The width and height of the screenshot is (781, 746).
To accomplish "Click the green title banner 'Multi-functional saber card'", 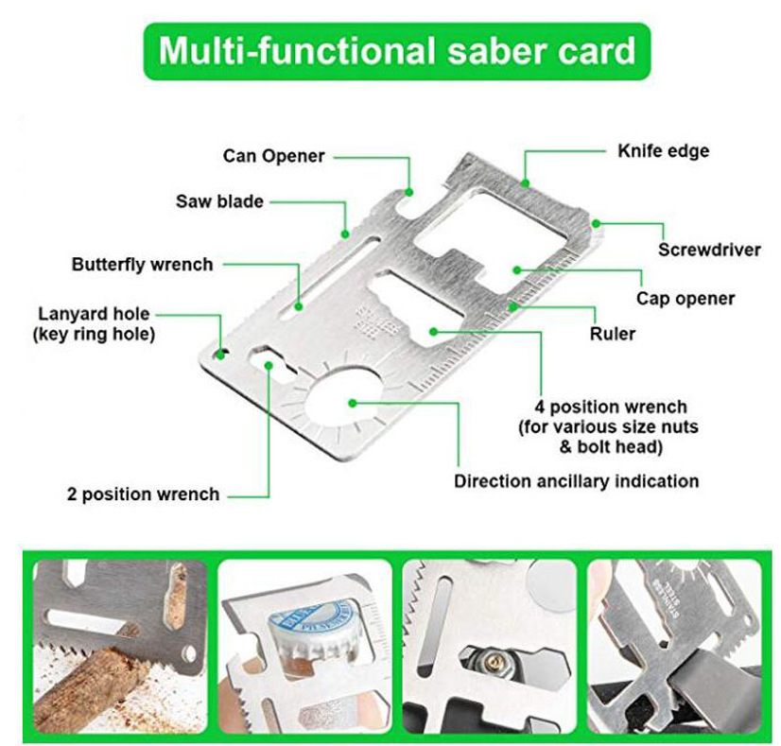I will pos(396,50).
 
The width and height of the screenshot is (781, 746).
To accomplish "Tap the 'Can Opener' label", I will pos(274,155).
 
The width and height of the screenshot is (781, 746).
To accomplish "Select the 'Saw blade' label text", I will pos(219,201).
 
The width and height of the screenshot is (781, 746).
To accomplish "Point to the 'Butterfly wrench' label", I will pos(142,264).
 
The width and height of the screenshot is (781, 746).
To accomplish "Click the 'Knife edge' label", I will pos(663,150).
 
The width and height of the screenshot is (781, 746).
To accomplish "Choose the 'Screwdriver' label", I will pos(709,250).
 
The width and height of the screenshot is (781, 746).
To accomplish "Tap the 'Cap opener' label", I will pos(685,299).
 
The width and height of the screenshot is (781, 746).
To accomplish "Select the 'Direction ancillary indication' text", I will pos(576,480).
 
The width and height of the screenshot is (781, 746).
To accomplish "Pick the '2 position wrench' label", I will pos(143,494).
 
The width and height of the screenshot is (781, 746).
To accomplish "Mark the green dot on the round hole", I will pos(353,403).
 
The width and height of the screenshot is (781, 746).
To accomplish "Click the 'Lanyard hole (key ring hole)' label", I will pos(94,323).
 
